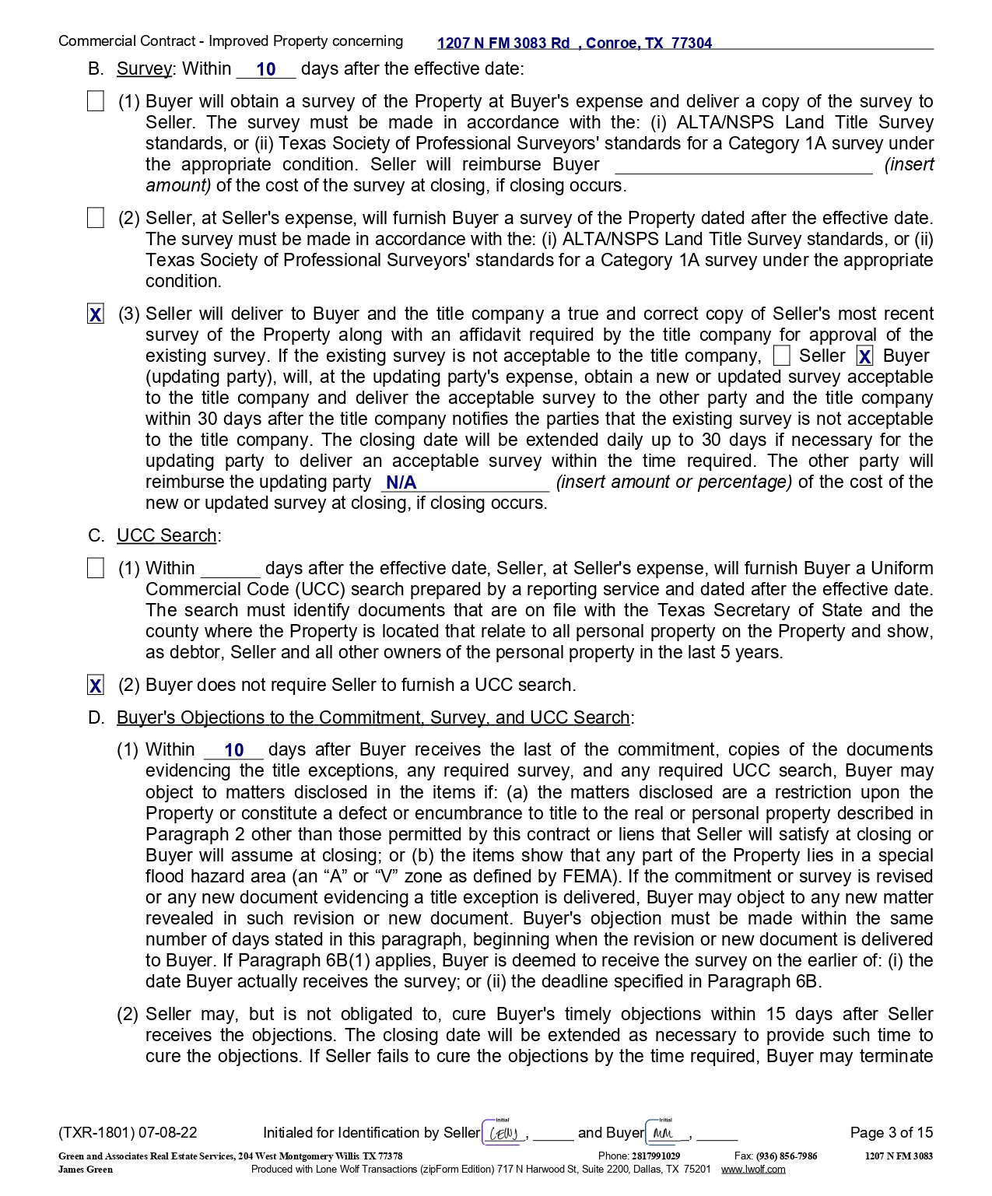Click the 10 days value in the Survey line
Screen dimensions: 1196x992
pyautogui.click(x=266, y=69)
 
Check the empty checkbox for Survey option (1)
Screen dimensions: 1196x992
pyautogui.click(x=96, y=102)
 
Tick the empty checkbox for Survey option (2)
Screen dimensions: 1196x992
pyautogui.click(x=96, y=219)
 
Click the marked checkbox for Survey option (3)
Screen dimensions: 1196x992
pyautogui.click(x=96, y=314)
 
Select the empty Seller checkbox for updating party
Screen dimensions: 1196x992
pyautogui.click(x=782, y=356)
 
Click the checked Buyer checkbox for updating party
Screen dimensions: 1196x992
pyautogui.click(x=864, y=356)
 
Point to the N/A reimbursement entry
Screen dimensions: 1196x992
pyautogui.click(x=401, y=482)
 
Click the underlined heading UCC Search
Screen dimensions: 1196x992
pyautogui.click(x=167, y=536)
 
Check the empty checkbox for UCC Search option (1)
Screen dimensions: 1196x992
pyautogui.click(x=96, y=569)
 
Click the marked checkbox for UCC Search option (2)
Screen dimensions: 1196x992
pyautogui.click(x=96, y=686)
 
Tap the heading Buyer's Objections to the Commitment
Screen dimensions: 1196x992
pyautogui.click(x=373, y=717)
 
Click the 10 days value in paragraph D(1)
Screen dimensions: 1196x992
pyautogui.click(x=234, y=751)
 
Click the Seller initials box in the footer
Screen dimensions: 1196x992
pyautogui.click(x=503, y=1133)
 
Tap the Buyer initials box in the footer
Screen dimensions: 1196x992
pyautogui.click(x=666, y=1133)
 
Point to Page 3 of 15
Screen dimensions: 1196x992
pyautogui.click(x=891, y=1133)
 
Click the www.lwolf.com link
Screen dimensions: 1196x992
pyautogui.click(x=752, y=1170)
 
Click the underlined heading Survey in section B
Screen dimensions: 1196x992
pyautogui.click(x=144, y=69)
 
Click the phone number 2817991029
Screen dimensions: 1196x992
pyautogui.click(x=655, y=1156)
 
